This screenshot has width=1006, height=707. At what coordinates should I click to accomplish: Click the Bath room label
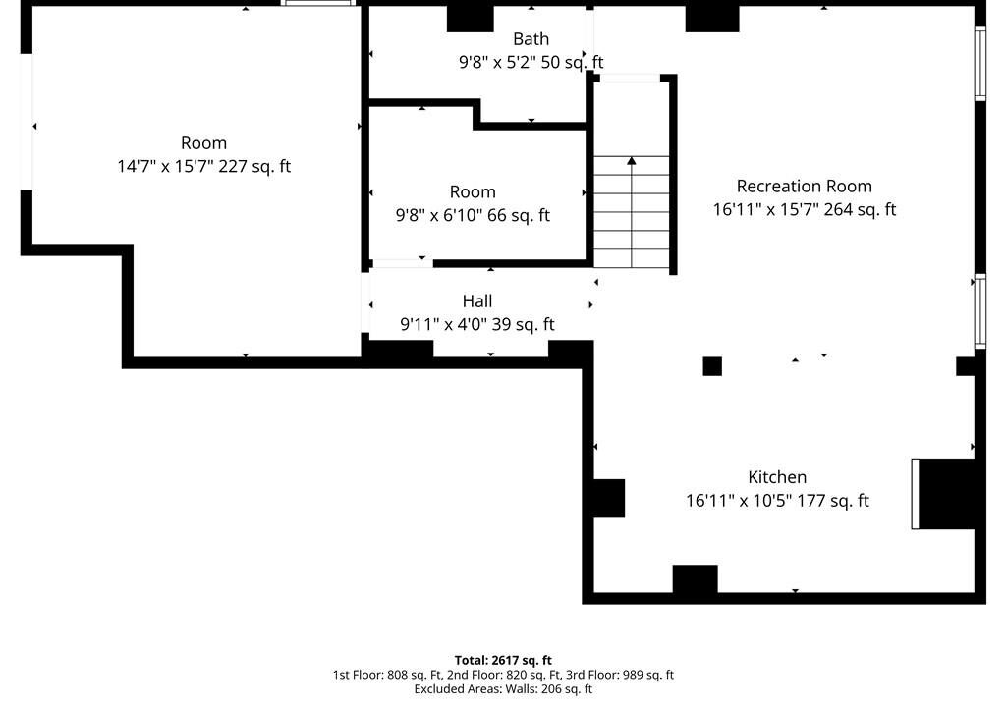point(531,39)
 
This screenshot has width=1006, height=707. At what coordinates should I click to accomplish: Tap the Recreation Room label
point(804,186)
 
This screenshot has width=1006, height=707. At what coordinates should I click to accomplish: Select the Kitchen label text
point(777,477)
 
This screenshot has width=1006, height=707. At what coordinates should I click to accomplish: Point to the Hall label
point(477,300)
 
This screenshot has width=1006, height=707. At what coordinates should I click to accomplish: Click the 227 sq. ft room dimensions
point(204,166)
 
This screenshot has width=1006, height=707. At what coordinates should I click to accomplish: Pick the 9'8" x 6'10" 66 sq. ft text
point(473,215)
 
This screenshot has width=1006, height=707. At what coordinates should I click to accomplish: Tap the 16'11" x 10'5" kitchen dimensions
point(777,501)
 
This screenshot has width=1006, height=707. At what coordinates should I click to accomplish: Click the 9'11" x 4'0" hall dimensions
point(477,324)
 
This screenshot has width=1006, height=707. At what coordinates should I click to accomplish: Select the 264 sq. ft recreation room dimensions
point(804,209)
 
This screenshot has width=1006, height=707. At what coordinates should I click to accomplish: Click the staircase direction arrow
point(632,211)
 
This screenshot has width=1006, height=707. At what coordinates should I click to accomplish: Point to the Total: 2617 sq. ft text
point(503,660)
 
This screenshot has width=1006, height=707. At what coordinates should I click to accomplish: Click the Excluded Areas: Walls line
point(503,689)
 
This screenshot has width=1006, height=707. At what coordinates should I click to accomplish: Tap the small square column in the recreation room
point(712,366)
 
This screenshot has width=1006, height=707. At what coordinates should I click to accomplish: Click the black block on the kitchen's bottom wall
point(695,578)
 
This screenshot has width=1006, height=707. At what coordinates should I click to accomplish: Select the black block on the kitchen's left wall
point(608,498)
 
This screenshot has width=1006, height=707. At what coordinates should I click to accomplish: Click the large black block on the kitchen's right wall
point(948,493)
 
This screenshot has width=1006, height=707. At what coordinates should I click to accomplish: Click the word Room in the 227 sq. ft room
point(204,143)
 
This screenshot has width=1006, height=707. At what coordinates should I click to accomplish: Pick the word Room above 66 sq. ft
point(473,191)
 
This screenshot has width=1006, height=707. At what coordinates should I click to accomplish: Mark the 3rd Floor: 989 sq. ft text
point(620,675)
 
